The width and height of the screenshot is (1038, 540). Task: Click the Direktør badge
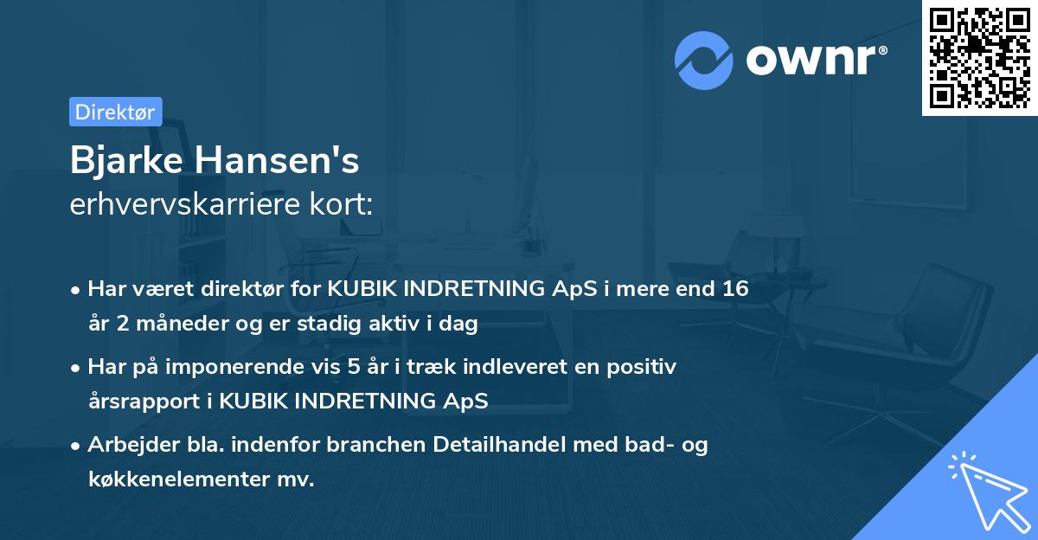115,112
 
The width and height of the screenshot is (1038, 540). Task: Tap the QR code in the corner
979,57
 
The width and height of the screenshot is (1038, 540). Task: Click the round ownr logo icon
704,61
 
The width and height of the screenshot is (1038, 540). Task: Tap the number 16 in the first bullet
735,289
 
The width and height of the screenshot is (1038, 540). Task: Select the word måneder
182,325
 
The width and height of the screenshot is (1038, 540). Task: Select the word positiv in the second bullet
645,367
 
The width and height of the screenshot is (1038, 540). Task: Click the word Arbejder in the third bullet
126,445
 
